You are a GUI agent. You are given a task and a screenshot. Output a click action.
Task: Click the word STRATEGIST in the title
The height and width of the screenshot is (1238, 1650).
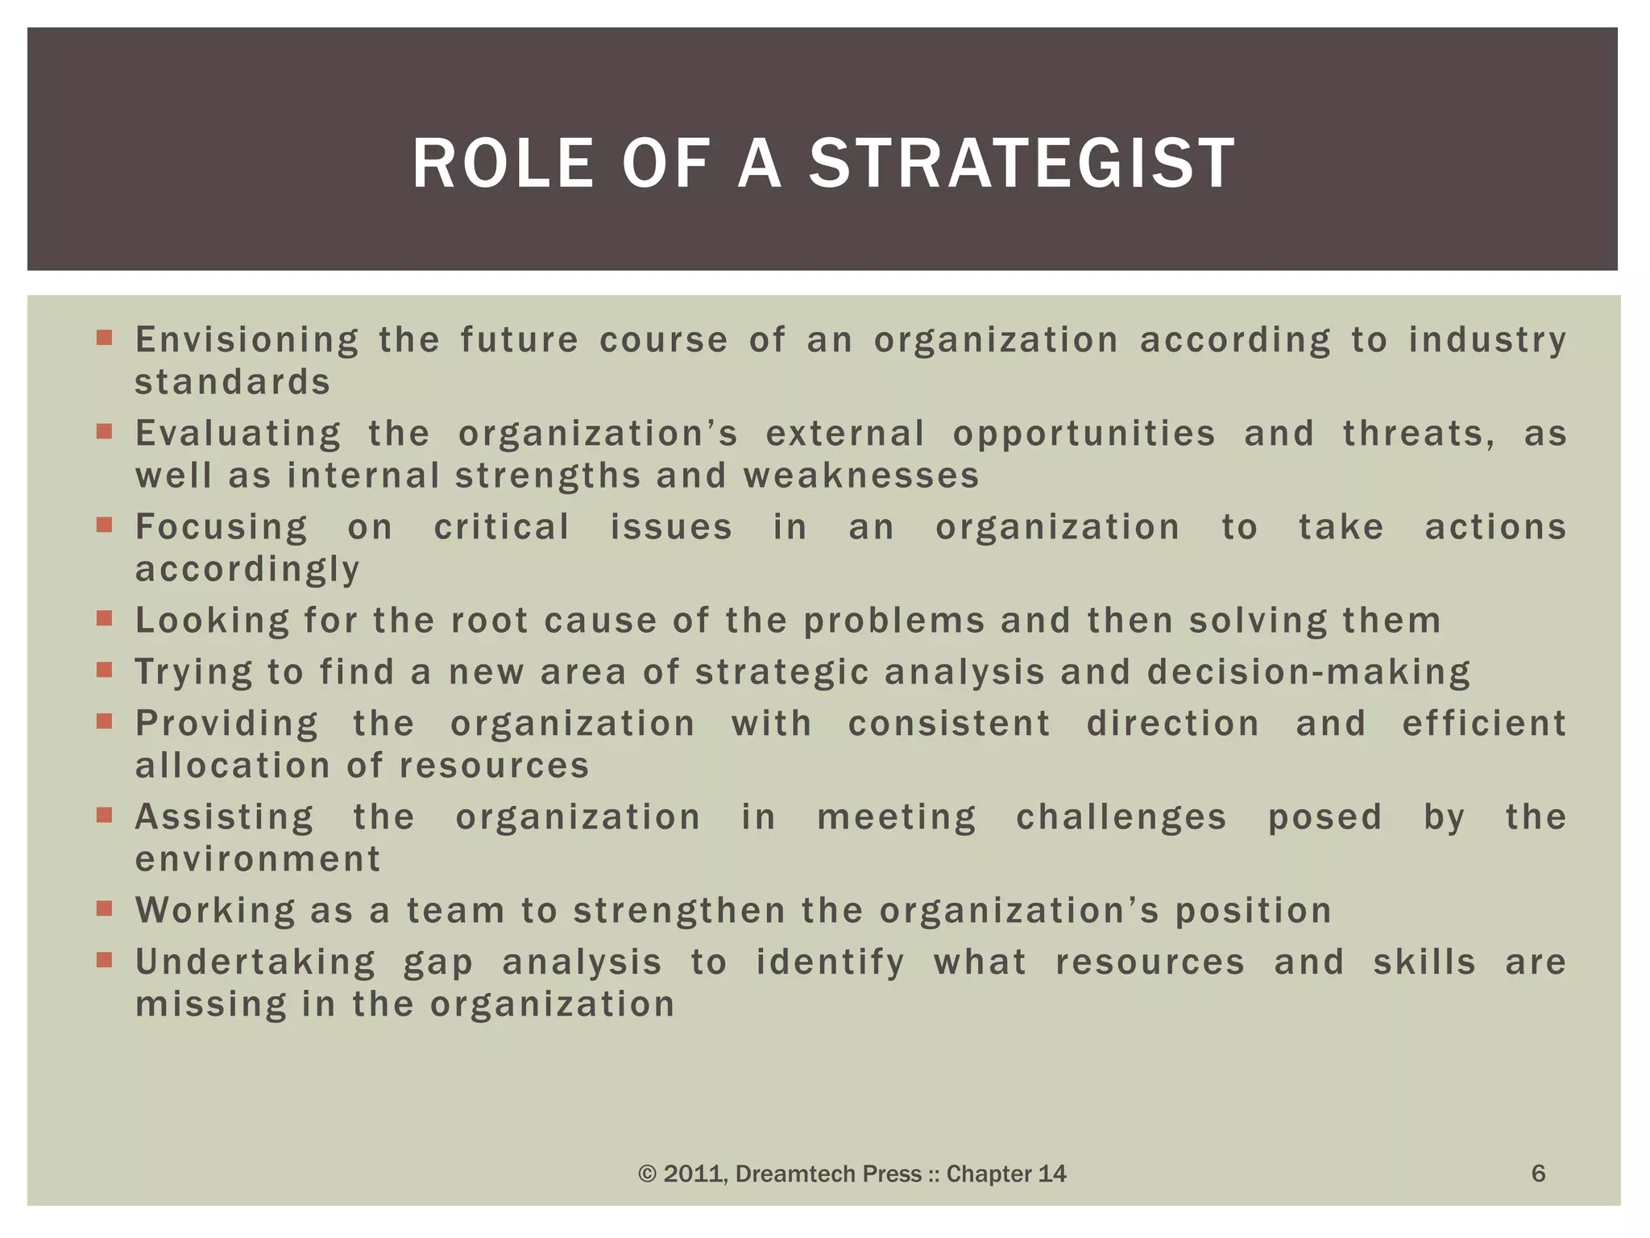point(1022,164)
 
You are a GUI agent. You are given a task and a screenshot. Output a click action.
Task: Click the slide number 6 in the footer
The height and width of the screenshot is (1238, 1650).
point(1538,1174)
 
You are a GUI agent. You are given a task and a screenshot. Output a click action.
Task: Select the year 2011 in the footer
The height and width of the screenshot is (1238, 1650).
point(686,1174)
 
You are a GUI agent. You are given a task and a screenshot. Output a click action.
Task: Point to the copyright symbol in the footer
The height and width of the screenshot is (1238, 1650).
point(647,1174)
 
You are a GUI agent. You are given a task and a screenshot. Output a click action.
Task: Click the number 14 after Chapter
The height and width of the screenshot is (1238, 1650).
point(1051,1174)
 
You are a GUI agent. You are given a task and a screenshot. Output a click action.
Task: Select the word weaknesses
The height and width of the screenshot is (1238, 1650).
point(860,476)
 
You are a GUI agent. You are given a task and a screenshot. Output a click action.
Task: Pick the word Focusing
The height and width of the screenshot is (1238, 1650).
point(222,528)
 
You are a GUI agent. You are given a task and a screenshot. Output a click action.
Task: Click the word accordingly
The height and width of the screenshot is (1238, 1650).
point(247,570)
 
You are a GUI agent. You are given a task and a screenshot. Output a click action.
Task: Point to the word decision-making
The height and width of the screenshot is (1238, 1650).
point(1308,672)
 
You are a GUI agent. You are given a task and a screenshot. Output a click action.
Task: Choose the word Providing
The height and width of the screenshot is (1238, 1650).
point(226,724)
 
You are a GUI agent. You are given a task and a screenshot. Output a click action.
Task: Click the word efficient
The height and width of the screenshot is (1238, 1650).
point(1484,723)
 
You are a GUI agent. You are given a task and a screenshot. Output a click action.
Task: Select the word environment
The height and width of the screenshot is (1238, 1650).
point(257,859)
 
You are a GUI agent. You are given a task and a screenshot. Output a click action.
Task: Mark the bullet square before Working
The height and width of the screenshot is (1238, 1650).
point(104,908)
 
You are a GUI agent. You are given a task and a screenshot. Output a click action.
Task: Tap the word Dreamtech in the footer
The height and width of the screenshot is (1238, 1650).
point(787,1174)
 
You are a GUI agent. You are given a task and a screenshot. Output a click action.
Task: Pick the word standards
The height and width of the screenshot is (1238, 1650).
point(232,382)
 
